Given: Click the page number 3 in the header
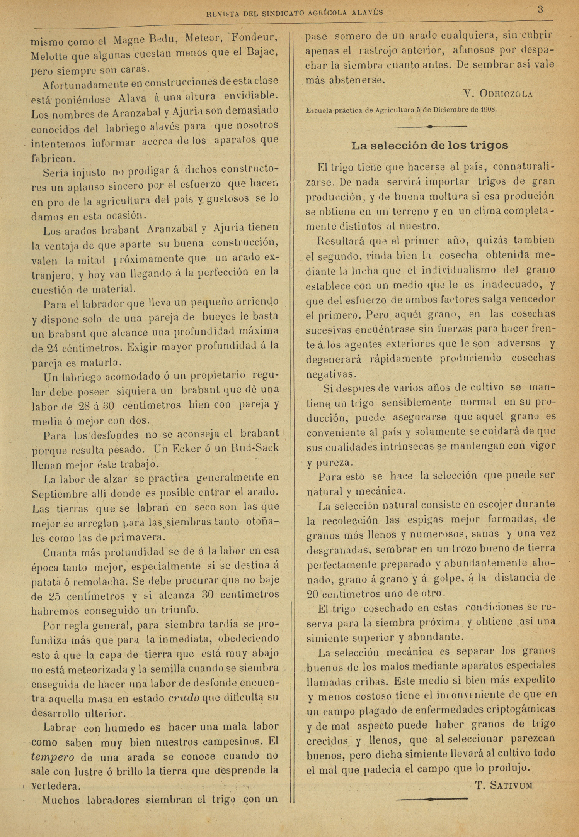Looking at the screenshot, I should (x=540, y=10).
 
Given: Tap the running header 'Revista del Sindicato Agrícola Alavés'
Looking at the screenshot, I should (x=295, y=13).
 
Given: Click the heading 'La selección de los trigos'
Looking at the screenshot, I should (x=429, y=146).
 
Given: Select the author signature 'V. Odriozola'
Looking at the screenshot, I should (x=497, y=94).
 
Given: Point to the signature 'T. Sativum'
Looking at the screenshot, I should (x=504, y=785).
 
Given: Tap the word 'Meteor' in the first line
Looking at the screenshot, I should (x=203, y=39).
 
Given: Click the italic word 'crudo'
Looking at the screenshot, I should (x=184, y=698).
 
